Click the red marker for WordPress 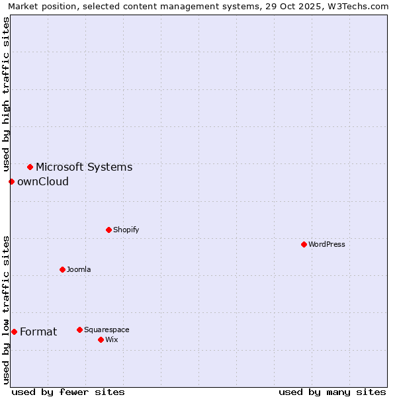(x=304, y=244)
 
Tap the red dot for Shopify (x=109, y=230)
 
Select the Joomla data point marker (x=62, y=269)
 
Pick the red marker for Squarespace (x=79, y=330)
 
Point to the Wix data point (x=101, y=339)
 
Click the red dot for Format (x=14, y=331)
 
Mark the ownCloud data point (x=11, y=181)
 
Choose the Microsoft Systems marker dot (x=30, y=167)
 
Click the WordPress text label (x=327, y=244)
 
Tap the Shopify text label (x=126, y=230)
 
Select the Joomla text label (x=79, y=269)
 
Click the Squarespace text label (x=107, y=330)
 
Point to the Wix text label (x=112, y=339)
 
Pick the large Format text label (x=38, y=331)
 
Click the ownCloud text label (x=43, y=181)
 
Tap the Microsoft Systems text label (x=84, y=167)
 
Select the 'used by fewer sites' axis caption (x=68, y=392)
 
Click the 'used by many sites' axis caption (x=332, y=392)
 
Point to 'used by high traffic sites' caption (x=6, y=93)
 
